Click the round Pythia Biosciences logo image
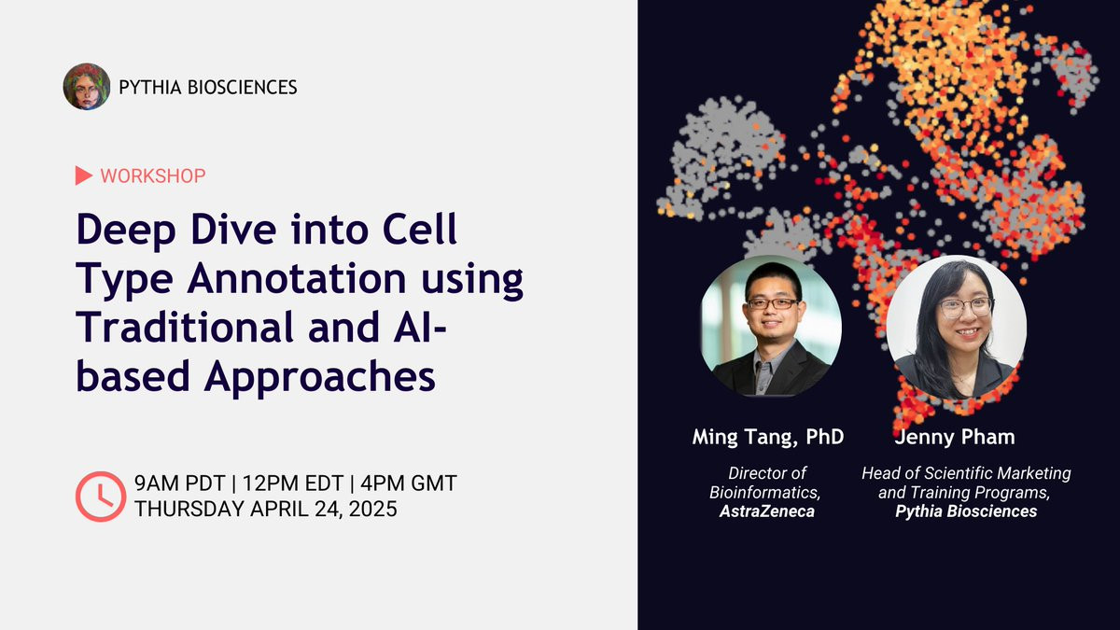(x=87, y=87)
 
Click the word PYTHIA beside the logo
(x=150, y=88)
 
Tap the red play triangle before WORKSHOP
(x=83, y=175)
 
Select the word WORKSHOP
(x=153, y=176)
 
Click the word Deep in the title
(x=126, y=231)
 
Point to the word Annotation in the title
(x=297, y=279)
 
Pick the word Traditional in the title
(x=185, y=327)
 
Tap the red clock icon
(x=101, y=497)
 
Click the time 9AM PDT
(x=180, y=483)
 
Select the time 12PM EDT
(x=293, y=483)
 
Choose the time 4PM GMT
(x=409, y=483)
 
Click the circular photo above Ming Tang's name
(x=771, y=327)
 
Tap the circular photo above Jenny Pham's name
(x=957, y=327)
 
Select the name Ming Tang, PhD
(x=768, y=438)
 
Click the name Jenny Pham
(x=955, y=438)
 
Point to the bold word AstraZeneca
(x=767, y=511)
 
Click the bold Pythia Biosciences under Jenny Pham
(x=966, y=511)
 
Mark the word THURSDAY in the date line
(x=189, y=510)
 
